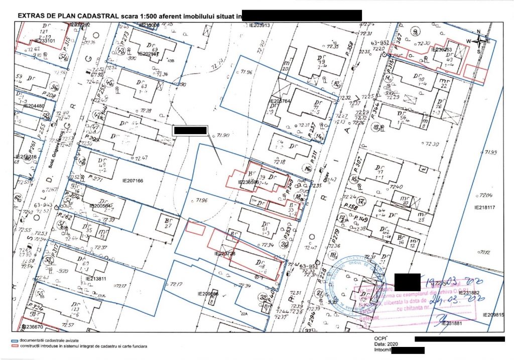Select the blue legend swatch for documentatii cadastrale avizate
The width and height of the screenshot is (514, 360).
click(x=14, y=340)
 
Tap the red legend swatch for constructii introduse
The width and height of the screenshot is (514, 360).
click(x=14, y=346)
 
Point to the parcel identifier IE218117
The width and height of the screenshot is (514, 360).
click(x=485, y=207)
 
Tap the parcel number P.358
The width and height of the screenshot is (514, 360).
click(x=350, y=50)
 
